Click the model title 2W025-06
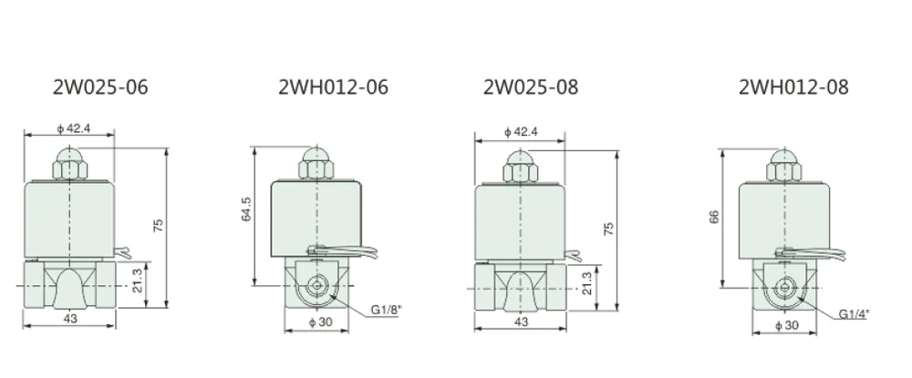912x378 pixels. [100, 87]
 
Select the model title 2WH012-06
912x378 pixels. [333, 87]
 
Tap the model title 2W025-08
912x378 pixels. [531, 87]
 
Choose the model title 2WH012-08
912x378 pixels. [794, 87]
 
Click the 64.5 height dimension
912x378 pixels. [246, 209]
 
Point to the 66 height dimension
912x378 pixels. [714, 216]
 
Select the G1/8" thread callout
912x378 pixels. [387, 310]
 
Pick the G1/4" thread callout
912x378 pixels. [854, 314]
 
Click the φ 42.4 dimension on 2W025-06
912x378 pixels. [73, 128]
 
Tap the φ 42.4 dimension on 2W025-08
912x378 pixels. [521, 132]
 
